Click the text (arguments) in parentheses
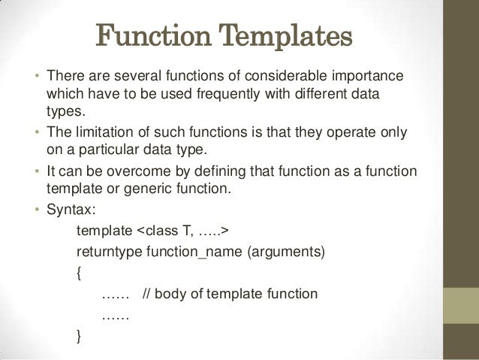point(288,250)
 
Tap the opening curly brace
point(80,271)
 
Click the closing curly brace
point(80,335)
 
